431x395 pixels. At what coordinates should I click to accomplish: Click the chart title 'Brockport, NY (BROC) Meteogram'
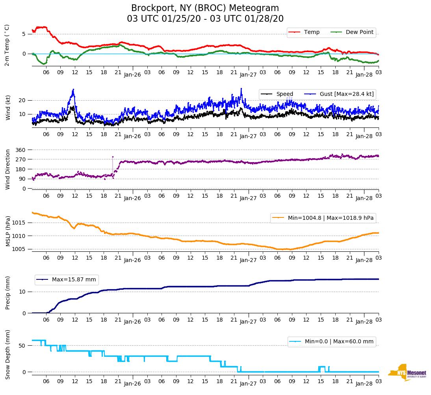tap(205, 8)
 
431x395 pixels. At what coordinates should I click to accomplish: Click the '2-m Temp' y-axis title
tap(7, 45)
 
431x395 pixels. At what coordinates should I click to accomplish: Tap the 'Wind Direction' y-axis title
tap(8, 169)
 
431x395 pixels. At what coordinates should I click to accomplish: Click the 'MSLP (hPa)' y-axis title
tap(8, 231)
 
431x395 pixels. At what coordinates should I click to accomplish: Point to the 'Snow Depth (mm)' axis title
tap(8, 354)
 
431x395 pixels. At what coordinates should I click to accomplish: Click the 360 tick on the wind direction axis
tap(21, 150)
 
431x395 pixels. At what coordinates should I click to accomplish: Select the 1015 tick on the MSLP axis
tap(19, 223)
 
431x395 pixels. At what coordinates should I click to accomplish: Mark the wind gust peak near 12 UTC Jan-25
tap(73, 90)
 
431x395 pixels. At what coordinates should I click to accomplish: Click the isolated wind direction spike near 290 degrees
tap(113, 157)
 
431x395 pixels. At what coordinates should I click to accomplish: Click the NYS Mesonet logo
tap(407, 373)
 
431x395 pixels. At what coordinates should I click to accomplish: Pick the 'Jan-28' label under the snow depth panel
tap(364, 384)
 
